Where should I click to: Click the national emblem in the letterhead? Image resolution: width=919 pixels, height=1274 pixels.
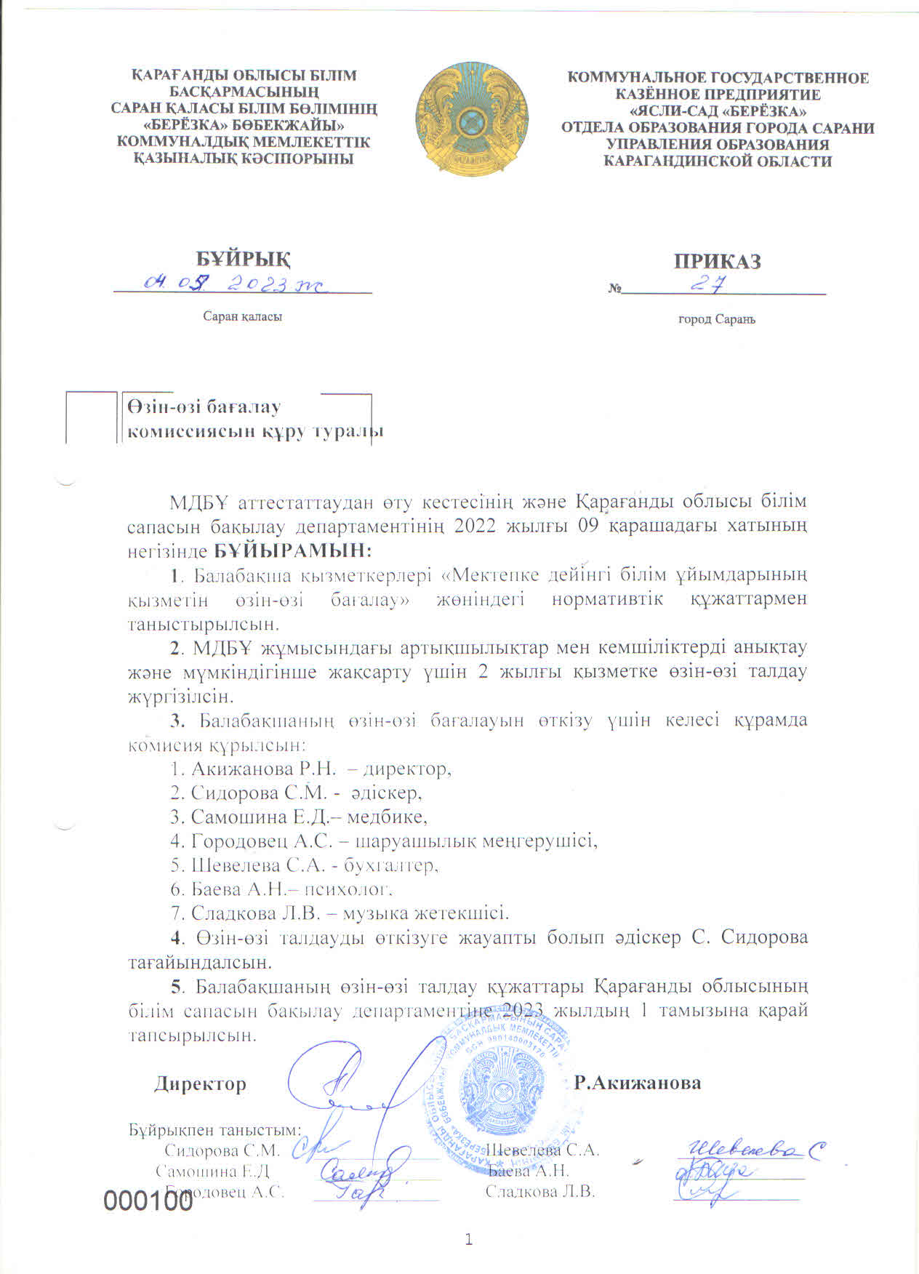tap(472, 119)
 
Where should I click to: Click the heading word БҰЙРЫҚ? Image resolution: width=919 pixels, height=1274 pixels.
tap(244, 258)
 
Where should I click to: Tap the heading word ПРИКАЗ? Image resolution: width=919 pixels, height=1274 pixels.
tap(717, 261)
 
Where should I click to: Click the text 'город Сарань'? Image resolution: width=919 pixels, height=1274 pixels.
tap(717, 319)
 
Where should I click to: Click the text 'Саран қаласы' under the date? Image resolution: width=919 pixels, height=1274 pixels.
tap(242, 317)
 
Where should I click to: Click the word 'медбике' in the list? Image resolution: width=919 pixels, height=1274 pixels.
tap(386, 817)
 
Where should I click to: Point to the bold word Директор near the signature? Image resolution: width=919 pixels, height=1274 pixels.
tap(200, 1083)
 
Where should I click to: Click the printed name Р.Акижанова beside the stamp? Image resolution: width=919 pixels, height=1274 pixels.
tap(638, 1083)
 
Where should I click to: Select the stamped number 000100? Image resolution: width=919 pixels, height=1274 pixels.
tap(148, 1201)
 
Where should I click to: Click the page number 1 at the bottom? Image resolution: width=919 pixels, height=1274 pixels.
tap(469, 1240)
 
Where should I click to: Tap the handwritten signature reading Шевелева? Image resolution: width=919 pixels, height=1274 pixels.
tap(753, 1150)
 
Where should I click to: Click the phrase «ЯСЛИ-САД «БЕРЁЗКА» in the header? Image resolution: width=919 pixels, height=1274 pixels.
tap(717, 111)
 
